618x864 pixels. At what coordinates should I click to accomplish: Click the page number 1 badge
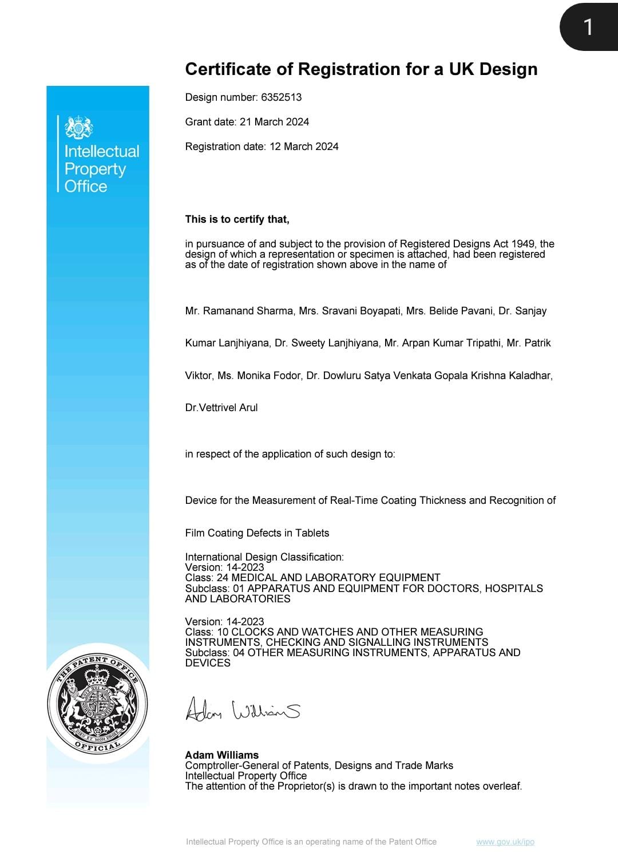(588, 27)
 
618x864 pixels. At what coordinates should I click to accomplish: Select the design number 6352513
(281, 97)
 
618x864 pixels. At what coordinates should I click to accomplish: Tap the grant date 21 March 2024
(274, 122)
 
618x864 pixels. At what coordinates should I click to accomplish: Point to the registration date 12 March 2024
(304, 147)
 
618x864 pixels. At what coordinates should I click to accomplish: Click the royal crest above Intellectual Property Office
(79, 127)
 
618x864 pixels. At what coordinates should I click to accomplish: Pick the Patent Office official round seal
(97, 703)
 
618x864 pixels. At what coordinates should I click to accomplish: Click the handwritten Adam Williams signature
(243, 710)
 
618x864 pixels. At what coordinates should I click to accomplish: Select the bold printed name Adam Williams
(221, 755)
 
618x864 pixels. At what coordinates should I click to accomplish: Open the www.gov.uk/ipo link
(505, 842)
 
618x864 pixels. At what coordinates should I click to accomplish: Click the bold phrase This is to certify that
(237, 219)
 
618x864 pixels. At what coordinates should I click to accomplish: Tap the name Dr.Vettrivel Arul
(221, 408)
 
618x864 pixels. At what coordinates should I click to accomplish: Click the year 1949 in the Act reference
(523, 244)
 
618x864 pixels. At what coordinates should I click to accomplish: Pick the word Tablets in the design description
(312, 533)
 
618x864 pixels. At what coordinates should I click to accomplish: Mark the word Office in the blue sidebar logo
(86, 186)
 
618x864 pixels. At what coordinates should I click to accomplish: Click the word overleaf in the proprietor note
(502, 786)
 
